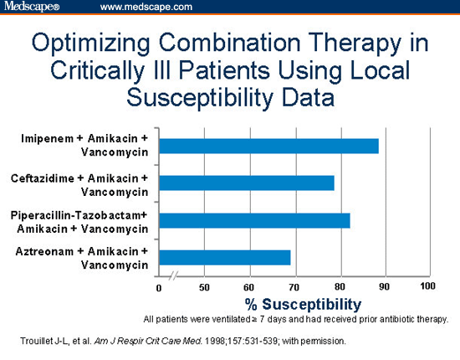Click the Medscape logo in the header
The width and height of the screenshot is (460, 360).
[33, 8]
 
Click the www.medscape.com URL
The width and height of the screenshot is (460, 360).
[146, 8]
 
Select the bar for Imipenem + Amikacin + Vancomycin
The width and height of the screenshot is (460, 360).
[268, 147]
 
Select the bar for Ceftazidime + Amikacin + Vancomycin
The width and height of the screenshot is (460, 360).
[247, 183]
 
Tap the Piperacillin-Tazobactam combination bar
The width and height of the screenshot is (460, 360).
[254, 220]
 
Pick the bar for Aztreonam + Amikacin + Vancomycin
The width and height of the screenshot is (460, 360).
[225, 257]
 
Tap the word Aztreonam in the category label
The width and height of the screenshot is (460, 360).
[46, 251]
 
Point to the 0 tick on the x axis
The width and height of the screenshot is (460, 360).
[159, 288]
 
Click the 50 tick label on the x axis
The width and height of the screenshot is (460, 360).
[204, 288]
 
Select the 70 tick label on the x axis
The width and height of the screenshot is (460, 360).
[294, 288]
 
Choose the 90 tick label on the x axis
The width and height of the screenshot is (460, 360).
[385, 288]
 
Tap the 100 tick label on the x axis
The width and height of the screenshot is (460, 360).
[428, 287]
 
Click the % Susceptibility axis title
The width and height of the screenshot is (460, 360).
[302, 303]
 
